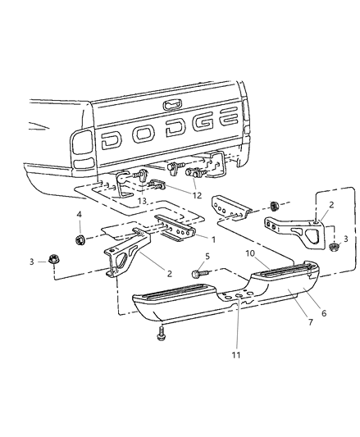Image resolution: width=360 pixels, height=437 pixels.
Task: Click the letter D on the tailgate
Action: click(x=112, y=140)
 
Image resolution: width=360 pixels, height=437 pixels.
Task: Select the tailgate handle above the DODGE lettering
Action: click(x=173, y=104)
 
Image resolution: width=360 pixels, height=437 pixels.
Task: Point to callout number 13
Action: click(x=144, y=201)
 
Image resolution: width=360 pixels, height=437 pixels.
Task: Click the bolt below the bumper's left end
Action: click(x=161, y=331)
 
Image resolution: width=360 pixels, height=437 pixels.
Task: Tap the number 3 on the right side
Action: click(x=344, y=238)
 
